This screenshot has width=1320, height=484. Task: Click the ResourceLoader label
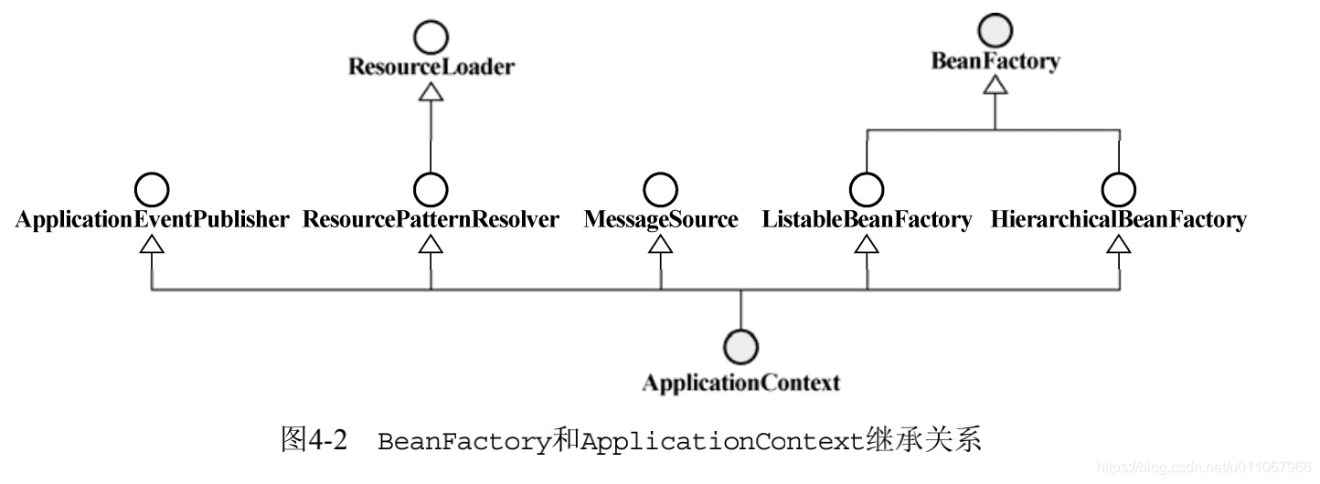431,67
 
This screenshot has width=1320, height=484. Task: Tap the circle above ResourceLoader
431,37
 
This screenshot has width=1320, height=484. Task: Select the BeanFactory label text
995,61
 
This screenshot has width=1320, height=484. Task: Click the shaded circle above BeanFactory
995,32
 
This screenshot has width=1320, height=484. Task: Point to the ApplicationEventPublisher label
152,219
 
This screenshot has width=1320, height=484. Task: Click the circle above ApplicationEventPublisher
152,189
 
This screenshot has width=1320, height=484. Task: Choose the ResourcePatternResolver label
431,219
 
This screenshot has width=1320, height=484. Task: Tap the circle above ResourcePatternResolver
431,189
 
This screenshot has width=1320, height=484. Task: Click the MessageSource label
661,219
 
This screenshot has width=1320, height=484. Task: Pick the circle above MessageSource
661,189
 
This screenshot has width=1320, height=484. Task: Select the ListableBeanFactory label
867,219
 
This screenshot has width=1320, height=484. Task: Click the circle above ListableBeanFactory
867,189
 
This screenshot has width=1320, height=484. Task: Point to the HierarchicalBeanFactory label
1119,219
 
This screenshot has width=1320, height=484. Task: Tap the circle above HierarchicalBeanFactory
1119,189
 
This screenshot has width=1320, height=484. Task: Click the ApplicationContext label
740,383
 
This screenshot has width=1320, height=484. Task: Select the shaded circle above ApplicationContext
740,347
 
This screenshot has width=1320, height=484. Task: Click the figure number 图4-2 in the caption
314,441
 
